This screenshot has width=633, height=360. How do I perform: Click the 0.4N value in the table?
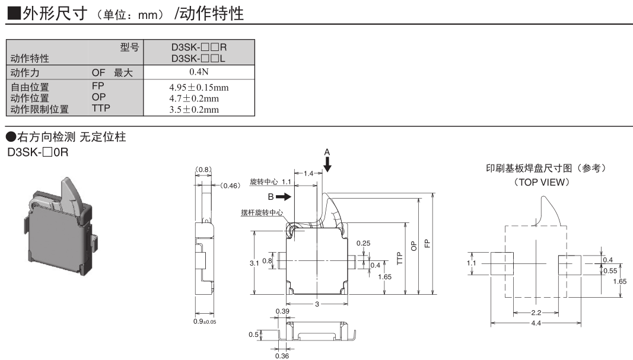click(199, 72)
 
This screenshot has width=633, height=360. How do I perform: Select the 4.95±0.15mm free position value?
click(199, 88)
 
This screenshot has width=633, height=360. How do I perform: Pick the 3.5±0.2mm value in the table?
click(199, 109)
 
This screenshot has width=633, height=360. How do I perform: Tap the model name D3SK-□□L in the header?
click(199, 58)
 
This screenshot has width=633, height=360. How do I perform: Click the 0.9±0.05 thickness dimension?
click(205, 321)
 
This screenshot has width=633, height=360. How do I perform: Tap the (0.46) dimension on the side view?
click(230, 186)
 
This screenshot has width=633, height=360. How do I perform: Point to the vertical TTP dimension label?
click(400, 258)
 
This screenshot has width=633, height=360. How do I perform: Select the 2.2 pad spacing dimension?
click(535, 312)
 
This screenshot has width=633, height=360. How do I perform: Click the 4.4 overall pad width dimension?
click(535, 323)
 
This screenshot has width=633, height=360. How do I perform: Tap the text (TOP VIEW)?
click(542, 182)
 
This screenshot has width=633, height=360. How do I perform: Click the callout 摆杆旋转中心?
click(262, 212)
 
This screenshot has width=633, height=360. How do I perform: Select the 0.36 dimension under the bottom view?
click(282, 356)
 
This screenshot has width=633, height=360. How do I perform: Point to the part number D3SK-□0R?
click(38, 152)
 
